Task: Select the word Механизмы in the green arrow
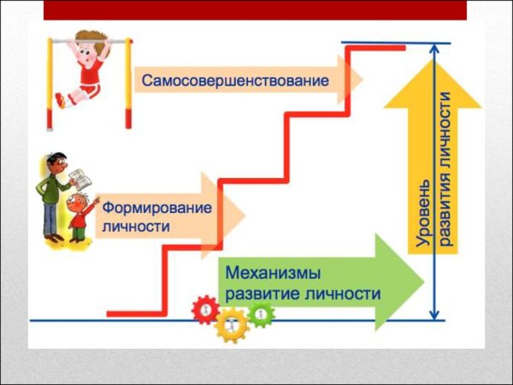click(x=274, y=275)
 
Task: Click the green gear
click(x=262, y=314)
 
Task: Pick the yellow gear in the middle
click(x=232, y=324)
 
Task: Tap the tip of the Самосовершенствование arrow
click(x=361, y=80)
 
